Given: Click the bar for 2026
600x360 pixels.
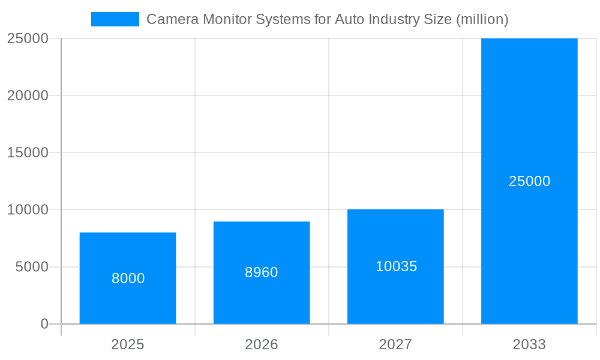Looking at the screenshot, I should pyautogui.click(x=262, y=300).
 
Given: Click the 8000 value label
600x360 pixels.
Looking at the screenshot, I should pyautogui.click(x=128, y=278).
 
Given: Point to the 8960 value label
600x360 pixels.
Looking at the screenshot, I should pyautogui.click(x=262, y=272).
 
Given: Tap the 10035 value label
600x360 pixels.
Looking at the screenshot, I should pyautogui.click(x=396, y=266).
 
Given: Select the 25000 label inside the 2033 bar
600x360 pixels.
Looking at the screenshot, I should pyautogui.click(x=529, y=181).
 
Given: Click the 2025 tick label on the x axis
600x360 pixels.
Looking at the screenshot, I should pyautogui.click(x=128, y=344).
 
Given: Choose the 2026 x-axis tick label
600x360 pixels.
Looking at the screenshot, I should pyautogui.click(x=262, y=344).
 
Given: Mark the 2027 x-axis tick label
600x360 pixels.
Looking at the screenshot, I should pyautogui.click(x=395, y=344).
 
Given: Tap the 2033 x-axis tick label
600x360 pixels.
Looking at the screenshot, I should pyautogui.click(x=529, y=344).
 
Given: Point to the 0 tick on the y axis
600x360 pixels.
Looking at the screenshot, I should pyautogui.click(x=44, y=324).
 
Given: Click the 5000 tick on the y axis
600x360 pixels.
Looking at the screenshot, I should pyautogui.click(x=31, y=267).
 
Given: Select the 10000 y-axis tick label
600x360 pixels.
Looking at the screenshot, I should pyautogui.click(x=28, y=209).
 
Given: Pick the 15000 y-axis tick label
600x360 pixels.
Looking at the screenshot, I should pyautogui.click(x=28, y=152).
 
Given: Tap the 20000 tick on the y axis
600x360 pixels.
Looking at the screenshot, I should pyautogui.click(x=28, y=95).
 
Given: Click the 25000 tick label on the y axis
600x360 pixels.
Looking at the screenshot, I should pyautogui.click(x=28, y=38).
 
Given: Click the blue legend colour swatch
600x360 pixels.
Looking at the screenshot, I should pyautogui.click(x=115, y=19).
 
